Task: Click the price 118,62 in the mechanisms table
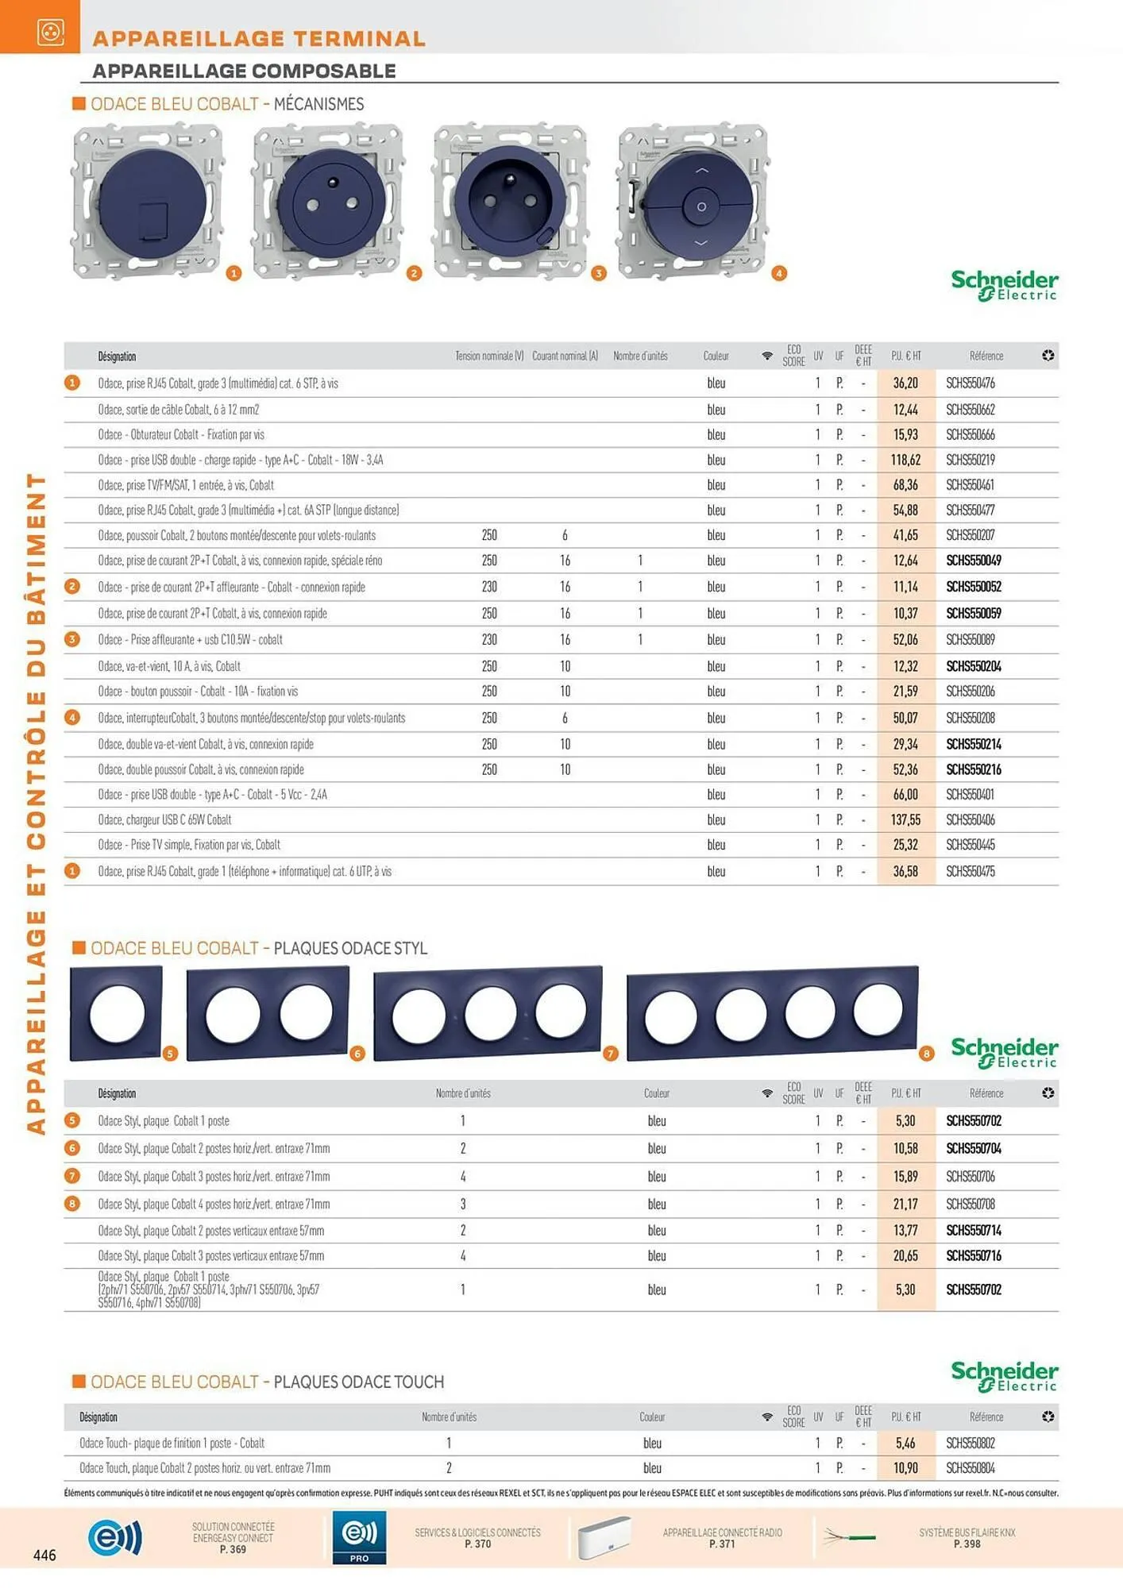(x=905, y=460)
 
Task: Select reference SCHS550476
(x=971, y=383)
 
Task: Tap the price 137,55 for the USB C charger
(x=905, y=819)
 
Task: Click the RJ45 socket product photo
(x=148, y=200)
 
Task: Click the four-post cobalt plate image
(x=773, y=1012)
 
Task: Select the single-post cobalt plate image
(x=116, y=1012)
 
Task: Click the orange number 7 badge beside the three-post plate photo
(x=610, y=1054)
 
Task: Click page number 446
(x=44, y=1555)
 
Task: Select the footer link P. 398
(x=967, y=1544)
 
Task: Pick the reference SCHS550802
(x=971, y=1443)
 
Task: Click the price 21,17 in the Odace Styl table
(x=905, y=1204)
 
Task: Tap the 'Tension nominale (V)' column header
(x=489, y=356)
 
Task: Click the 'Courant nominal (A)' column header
(x=565, y=356)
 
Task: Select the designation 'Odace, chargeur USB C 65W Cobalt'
(x=165, y=819)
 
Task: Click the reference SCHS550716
(x=974, y=1255)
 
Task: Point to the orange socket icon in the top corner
(x=51, y=32)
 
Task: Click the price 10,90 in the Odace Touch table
(x=905, y=1468)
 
